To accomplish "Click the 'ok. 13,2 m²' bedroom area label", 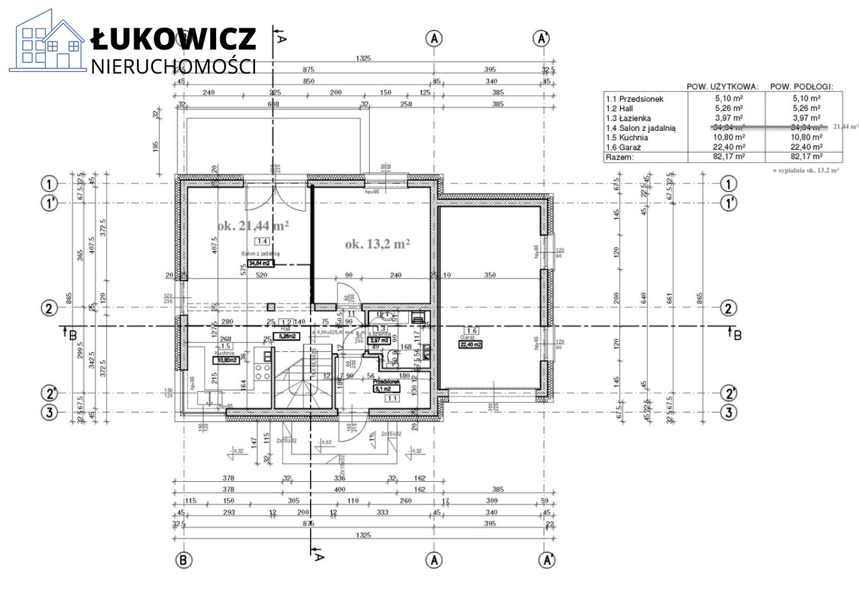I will coord(377,245).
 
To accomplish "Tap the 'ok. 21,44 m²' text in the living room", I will coord(254,226).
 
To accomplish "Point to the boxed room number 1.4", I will coord(262,242).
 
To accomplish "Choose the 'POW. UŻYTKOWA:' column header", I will coord(723,87).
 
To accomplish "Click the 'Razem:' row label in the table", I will coord(620,157).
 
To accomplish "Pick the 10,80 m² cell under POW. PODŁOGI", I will coord(801,137).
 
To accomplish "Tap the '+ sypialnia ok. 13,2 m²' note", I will coord(805,171).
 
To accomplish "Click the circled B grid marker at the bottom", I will coord(183,559).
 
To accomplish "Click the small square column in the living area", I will coord(270,307).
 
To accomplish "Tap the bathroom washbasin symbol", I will coord(382,316).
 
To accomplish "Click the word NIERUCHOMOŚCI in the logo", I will coord(173,66).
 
